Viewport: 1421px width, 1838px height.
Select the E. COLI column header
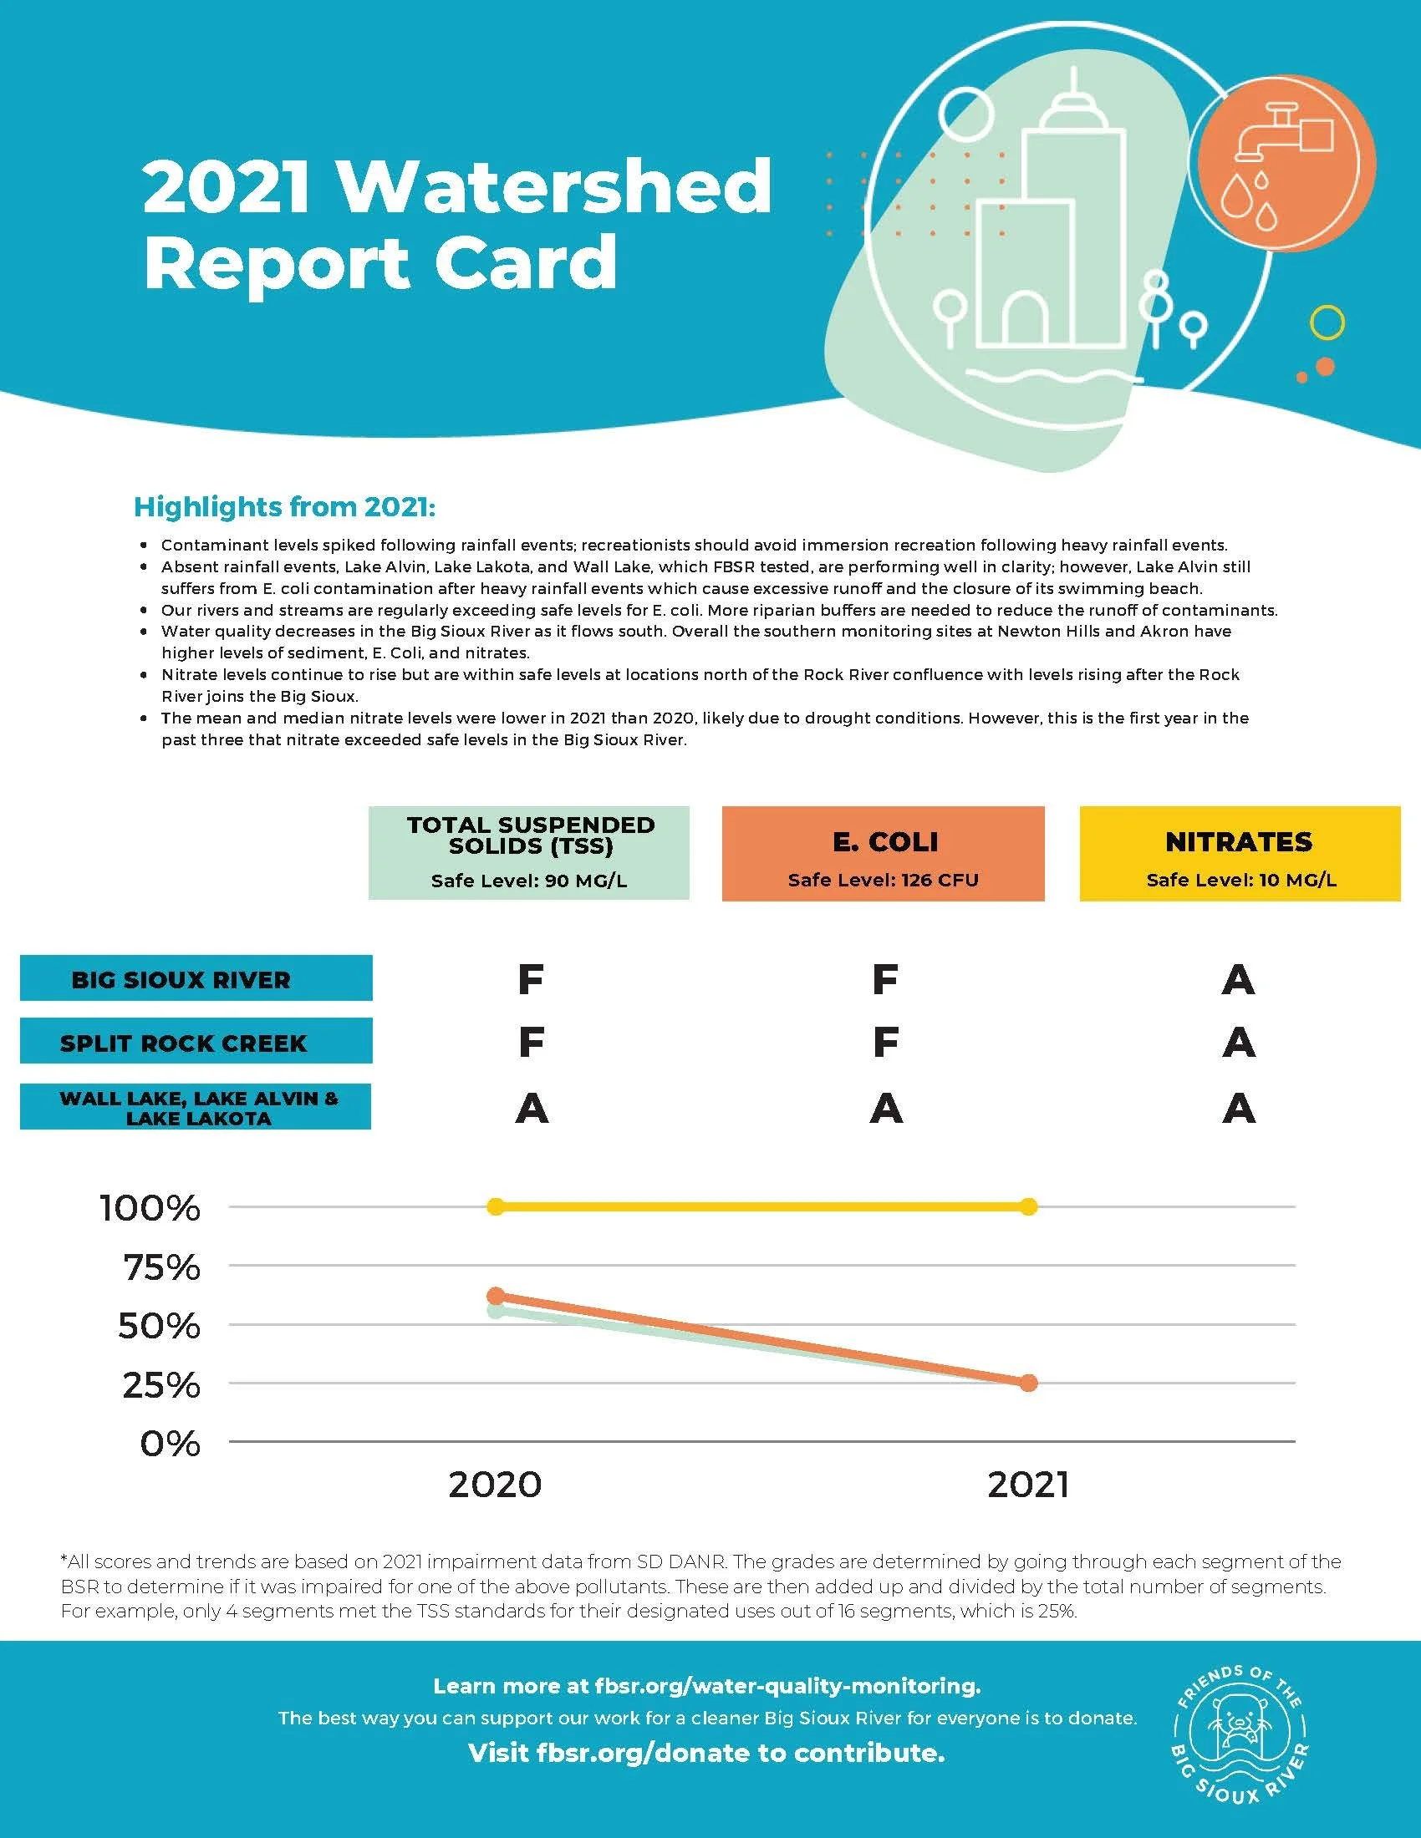tap(883, 853)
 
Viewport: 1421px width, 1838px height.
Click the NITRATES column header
tap(1239, 853)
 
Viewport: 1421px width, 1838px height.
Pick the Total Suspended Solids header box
tap(529, 852)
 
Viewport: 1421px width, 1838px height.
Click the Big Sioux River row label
tap(196, 978)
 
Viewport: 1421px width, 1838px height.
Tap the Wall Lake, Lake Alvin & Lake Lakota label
tap(196, 1107)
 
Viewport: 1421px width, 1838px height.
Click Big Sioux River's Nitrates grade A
tap(1237, 980)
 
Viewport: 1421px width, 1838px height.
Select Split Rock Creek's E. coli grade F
tap(884, 1043)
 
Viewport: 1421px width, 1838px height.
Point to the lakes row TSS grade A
tap(531, 1109)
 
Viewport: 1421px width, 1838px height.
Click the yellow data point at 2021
tap(1028, 1207)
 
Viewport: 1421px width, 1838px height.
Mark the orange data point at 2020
tap(496, 1295)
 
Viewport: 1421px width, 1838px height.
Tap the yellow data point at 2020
tap(496, 1207)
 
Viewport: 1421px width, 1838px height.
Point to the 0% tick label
tap(170, 1444)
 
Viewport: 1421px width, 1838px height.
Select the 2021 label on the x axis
tap(1028, 1485)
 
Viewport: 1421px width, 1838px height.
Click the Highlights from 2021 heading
tap(284, 507)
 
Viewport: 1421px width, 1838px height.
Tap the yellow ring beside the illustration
tap(1327, 322)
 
